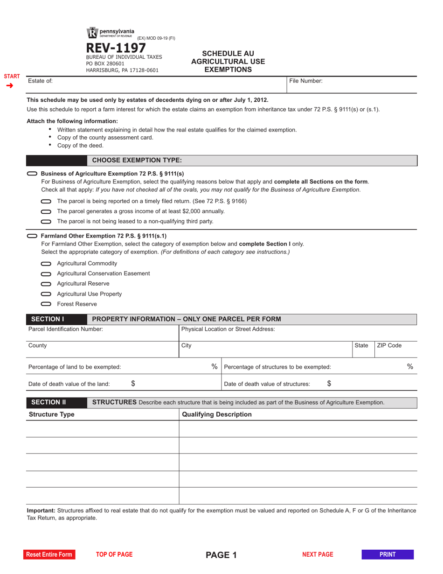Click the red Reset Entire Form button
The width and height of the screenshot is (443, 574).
[49, 554]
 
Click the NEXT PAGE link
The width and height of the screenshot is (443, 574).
[318, 554]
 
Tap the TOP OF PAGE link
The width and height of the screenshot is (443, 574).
[114, 554]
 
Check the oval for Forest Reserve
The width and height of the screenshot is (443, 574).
[46, 304]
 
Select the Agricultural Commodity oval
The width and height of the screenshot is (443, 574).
[46, 264]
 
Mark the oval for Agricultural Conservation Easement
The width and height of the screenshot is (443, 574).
[46, 274]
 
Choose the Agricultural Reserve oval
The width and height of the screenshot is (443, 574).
[46, 284]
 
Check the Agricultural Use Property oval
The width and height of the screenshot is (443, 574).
[46, 294]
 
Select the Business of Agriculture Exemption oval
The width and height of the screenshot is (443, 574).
[33, 174]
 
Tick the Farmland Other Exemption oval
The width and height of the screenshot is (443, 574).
[33, 236]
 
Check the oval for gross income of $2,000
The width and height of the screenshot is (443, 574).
[46, 211]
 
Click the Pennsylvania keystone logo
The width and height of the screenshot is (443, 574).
[91, 33]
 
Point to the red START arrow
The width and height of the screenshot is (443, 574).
[10, 85]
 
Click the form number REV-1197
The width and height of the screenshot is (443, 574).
[116, 48]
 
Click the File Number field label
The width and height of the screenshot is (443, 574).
[306, 81]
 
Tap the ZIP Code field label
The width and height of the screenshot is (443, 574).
[389, 346]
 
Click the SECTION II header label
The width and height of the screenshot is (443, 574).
[48, 402]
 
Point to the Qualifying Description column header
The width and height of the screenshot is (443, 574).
[216, 414]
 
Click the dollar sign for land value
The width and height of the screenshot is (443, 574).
[133, 384]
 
